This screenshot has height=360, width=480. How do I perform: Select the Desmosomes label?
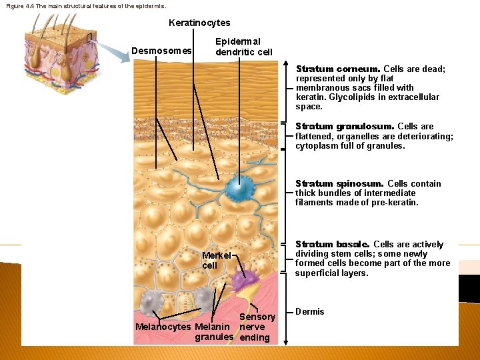161,51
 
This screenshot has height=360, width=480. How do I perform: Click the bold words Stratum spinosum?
339,184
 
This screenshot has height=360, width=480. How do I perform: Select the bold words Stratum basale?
332,245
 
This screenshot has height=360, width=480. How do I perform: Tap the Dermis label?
309,311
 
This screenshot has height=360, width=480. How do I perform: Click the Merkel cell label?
216,260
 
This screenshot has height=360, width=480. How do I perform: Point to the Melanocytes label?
163,327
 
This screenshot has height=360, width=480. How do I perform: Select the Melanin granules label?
213,331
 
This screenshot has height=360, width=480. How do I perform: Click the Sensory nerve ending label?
255,327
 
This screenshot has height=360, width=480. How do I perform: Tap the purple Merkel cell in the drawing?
237,272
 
